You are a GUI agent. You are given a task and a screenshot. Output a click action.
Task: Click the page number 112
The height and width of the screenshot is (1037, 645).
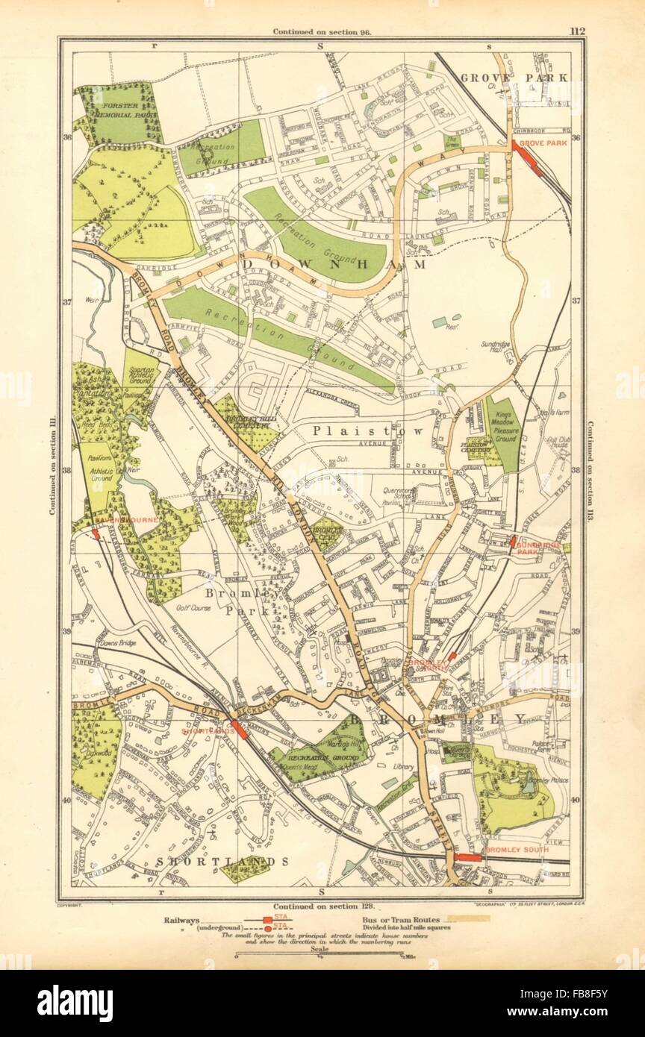click(576, 31)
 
